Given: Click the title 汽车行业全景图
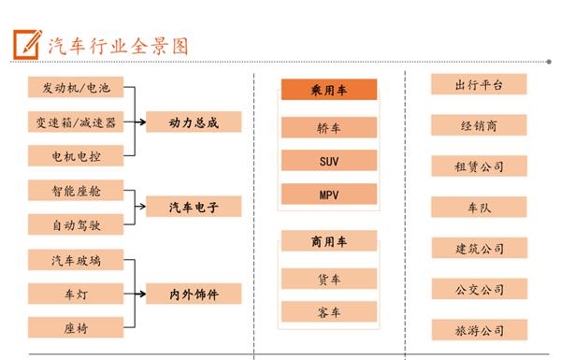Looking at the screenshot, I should click(118, 44).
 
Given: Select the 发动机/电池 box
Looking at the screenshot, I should click(76, 89).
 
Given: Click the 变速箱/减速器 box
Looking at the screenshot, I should click(76, 122).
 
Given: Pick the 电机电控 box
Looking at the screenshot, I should click(76, 156).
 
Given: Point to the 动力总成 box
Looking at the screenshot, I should click(194, 122).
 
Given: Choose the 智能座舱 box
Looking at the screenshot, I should click(76, 191).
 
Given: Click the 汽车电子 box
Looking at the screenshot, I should click(194, 207).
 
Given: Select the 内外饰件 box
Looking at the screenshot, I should click(194, 294).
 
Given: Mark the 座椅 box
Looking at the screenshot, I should click(76, 327).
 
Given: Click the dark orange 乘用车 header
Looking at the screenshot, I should click(329, 90).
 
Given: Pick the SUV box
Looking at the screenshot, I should click(329, 162).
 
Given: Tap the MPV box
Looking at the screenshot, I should click(329, 195).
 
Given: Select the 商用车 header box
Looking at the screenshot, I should click(329, 242).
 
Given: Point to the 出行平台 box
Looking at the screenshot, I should click(479, 85).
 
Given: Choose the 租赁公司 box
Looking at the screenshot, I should click(479, 166).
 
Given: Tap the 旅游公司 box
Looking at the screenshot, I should click(479, 330).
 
